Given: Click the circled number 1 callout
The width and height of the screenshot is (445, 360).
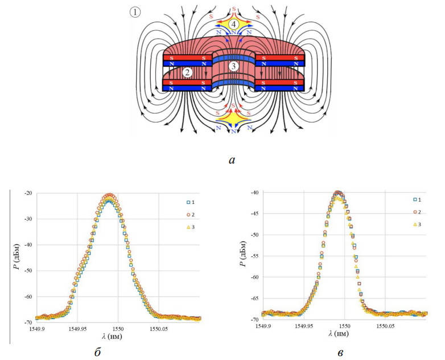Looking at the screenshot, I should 135,13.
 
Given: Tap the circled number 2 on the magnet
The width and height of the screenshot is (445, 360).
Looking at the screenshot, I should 187,73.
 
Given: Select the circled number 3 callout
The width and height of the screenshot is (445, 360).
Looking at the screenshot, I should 233,67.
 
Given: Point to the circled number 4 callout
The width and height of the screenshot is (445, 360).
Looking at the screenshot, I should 234,24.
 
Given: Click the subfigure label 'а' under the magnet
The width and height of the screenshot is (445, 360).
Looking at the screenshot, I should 232,161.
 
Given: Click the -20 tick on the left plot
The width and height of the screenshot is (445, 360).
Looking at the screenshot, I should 28,194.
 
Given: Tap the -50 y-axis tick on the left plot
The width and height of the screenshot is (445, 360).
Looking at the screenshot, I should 28,271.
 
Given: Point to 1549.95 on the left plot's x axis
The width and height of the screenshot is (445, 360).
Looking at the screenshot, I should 77,329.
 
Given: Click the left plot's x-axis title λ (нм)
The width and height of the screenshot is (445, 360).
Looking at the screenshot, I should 113,337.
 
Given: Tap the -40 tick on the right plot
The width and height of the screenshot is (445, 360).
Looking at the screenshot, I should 254,193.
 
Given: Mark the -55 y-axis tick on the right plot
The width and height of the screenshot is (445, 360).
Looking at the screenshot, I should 254,256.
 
